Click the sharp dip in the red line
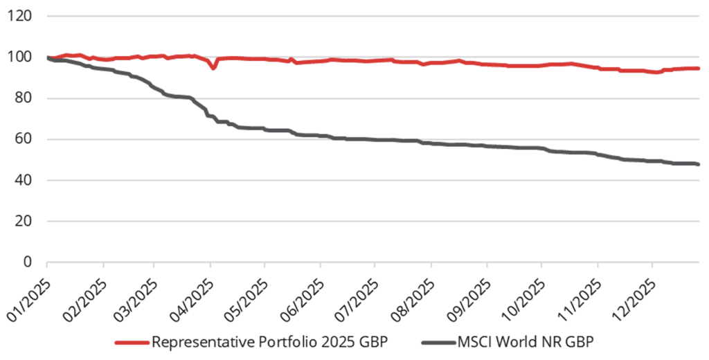coord(214,68)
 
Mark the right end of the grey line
coord(698,164)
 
